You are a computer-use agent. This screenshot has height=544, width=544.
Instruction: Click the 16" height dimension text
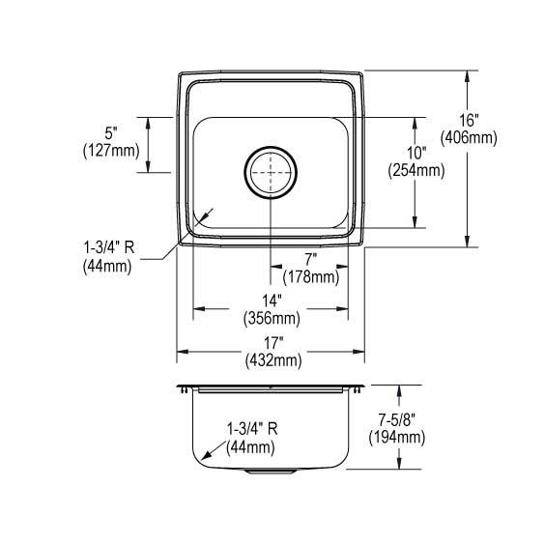click(x=468, y=121)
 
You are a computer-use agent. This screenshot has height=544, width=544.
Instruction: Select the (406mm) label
click(x=468, y=138)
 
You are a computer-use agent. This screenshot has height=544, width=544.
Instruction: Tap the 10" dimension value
click(x=415, y=154)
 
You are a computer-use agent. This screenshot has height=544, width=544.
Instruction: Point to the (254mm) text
click(x=415, y=171)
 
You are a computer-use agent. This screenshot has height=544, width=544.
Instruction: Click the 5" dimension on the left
click(x=112, y=132)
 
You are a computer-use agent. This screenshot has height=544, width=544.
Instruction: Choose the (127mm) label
click(x=111, y=150)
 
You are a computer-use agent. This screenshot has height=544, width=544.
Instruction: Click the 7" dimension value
click(x=310, y=260)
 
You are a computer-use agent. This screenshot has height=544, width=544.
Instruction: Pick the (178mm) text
click(x=310, y=276)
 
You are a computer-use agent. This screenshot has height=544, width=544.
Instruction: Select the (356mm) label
click(x=271, y=317)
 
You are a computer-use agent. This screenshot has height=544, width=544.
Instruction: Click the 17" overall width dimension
click(x=272, y=343)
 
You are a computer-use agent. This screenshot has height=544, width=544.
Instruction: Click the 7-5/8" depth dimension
click(x=396, y=420)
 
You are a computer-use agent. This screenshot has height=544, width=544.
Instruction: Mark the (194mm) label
click(x=396, y=438)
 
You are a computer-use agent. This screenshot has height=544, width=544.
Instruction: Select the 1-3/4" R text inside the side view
click(x=252, y=429)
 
